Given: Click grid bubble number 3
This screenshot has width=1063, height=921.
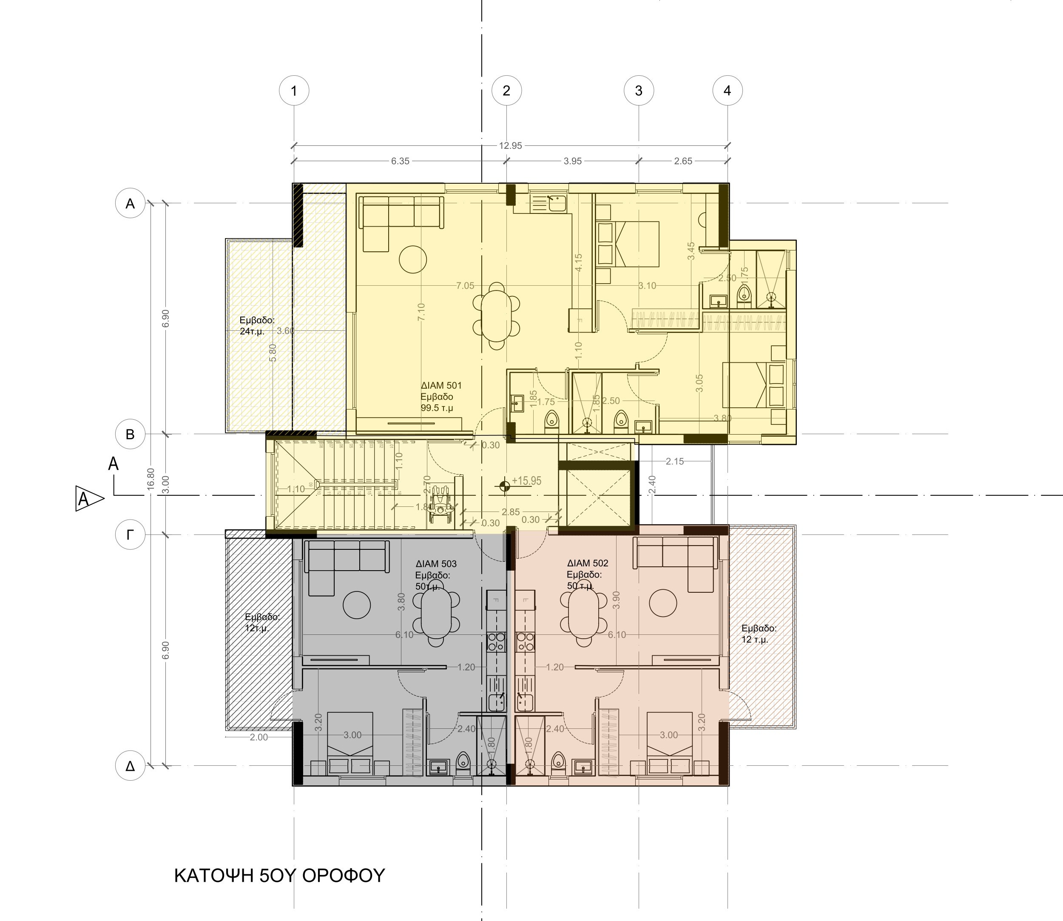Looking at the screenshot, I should [638, 91].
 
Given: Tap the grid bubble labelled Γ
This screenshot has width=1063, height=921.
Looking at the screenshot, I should [130, 535].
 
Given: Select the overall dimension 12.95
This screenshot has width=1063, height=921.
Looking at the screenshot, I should [510, 146].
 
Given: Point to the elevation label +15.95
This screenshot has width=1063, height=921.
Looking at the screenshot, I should [526, 481].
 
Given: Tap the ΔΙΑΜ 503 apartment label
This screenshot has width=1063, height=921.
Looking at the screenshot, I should [436, 564].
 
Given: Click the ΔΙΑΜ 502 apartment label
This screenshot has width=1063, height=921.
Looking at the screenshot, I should [588, 563].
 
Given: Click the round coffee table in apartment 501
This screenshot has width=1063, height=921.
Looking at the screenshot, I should [412, 259].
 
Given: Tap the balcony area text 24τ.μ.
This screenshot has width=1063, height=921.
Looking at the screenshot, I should [252, 332].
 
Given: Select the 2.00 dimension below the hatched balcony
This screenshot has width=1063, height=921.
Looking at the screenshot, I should [259, 737].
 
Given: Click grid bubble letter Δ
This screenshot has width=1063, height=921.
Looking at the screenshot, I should [130, 766].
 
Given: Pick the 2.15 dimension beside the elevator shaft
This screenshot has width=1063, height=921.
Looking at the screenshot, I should [674, 461].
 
